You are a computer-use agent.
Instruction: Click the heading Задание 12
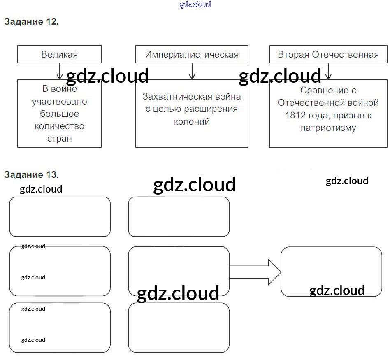31,22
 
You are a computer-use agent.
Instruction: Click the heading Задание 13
31,174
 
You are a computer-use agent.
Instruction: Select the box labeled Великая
59,54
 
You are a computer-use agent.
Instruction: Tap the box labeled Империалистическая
192,54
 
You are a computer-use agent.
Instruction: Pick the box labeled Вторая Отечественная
328,54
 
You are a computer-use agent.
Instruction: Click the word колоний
192,121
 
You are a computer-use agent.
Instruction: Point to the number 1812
295,115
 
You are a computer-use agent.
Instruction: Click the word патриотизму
328,128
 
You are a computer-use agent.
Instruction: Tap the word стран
59,139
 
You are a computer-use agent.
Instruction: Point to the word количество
59,126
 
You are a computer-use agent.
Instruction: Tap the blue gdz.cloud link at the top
195,5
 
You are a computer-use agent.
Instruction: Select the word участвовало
59,102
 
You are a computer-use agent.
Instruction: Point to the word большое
59,114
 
